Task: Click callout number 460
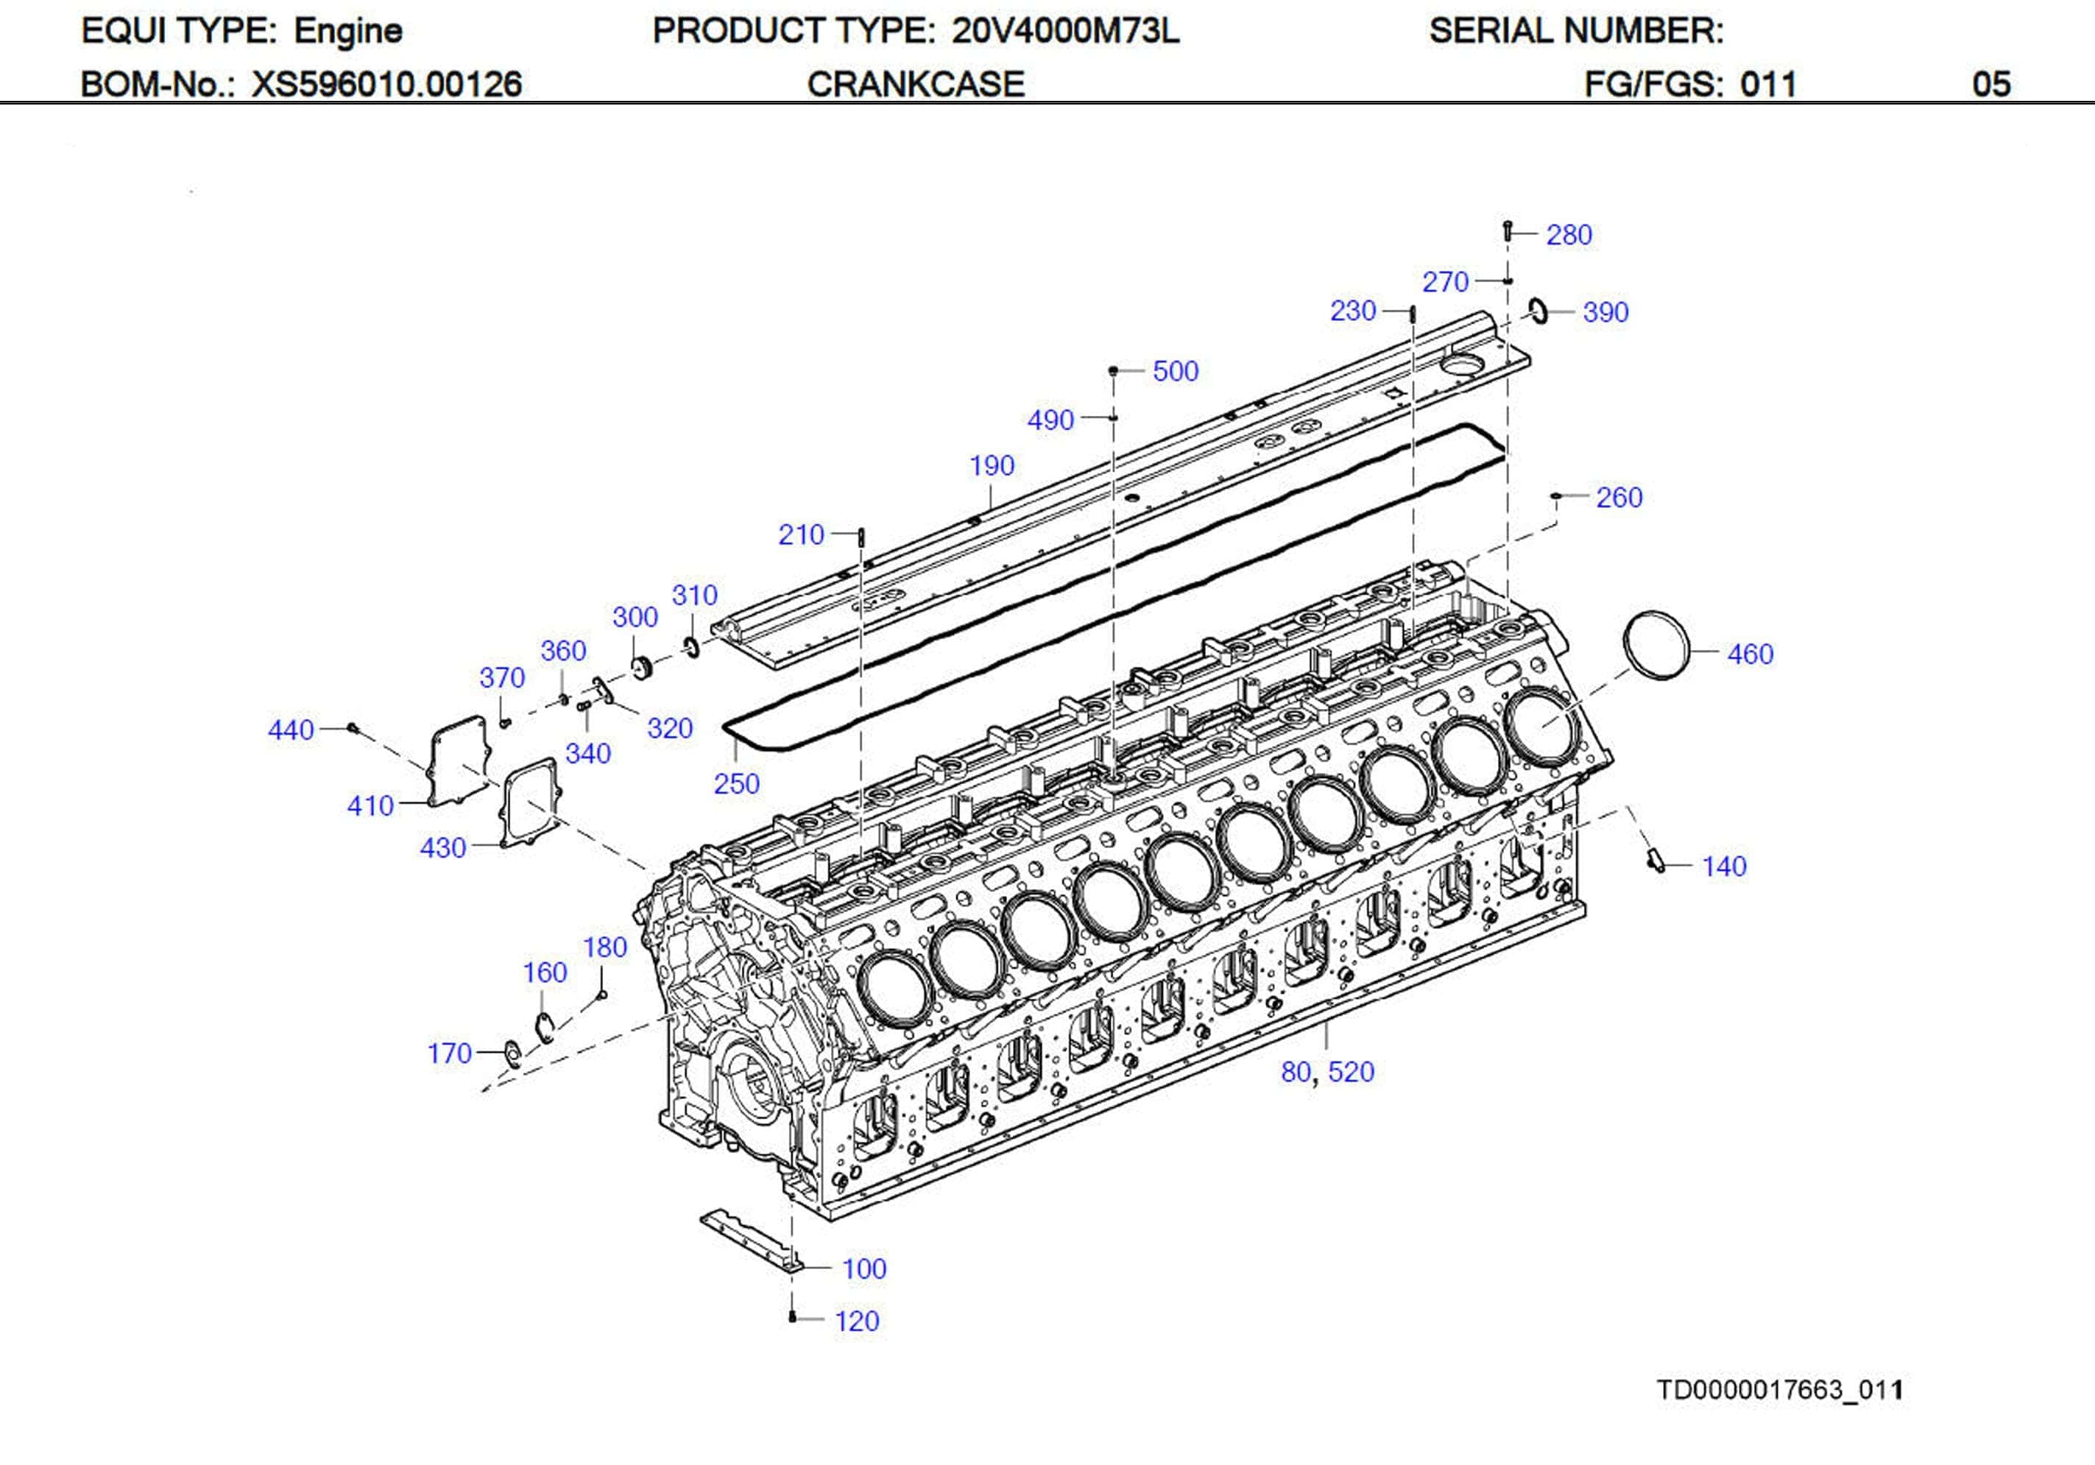pyautogui.click(x=1749, y=654)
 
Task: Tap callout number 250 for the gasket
pyautogui.click(x=736, y=784)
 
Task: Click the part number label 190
pyautogui.click(x=992, y=467)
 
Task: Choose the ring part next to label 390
pyautogui.click(x=1539, y=311)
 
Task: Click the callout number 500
pyautogui.click(x=1176, y=372)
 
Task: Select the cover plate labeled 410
pyautogui.click(x=459, y=761)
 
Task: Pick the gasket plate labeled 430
pyautogui.click(x=529, y=802)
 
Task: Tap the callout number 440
pyautogui.click(x=290, y=730)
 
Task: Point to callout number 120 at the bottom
pyautogui.click(x=857, y=1321)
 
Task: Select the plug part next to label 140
pyautogui.click(x=1656, y=861)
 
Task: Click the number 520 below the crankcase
pyautogui.click(x=1351, y=1072)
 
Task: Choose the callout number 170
pyautogui.click(x=449, y=1053)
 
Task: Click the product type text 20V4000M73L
pyautogui.click(x=1065, y=31)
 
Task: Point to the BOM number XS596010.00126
pyautogui.click(x=387, y=84)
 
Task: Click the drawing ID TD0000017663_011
pyautogui.click(x=1779, y=1390)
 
